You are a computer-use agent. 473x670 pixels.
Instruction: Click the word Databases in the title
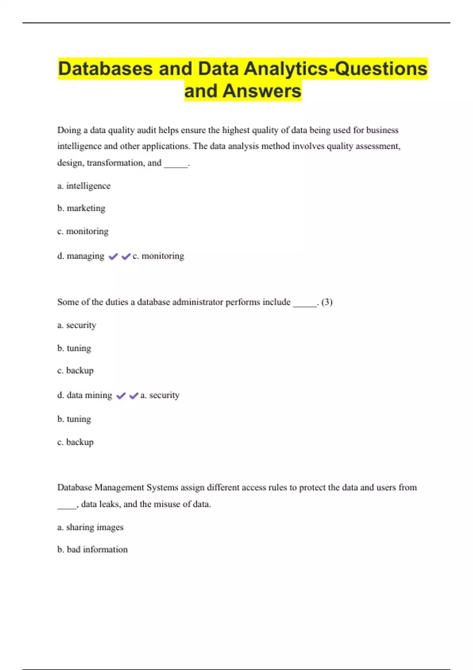point(105,69)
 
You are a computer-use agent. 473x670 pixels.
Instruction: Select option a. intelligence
point(84,186)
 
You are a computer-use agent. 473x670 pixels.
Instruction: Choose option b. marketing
point(82,208)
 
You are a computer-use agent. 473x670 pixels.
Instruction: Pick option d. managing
point(81,256)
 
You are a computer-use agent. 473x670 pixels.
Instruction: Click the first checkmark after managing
point(113,257)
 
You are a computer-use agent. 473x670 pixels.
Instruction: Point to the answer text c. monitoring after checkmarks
point(158,256)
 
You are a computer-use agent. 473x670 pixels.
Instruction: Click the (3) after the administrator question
point(327,302)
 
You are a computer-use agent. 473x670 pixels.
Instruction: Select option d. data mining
point(85,395)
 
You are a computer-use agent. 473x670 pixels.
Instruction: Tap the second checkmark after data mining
point(134,396)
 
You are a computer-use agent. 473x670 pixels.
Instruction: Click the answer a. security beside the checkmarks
point(160,395)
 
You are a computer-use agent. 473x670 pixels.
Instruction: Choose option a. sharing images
point(90,527)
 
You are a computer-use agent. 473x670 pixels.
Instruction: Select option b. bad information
point(93,549)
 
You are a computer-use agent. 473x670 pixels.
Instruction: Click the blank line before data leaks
point(67,506)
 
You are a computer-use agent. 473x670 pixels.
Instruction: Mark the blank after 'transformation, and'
point(176,165)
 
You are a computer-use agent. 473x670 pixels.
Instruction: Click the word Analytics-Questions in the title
point(335,69)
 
